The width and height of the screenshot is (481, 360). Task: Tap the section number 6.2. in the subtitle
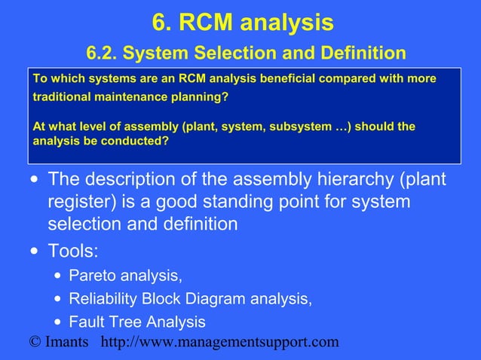[102, 53]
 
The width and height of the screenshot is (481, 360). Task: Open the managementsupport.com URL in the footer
[219, 343]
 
